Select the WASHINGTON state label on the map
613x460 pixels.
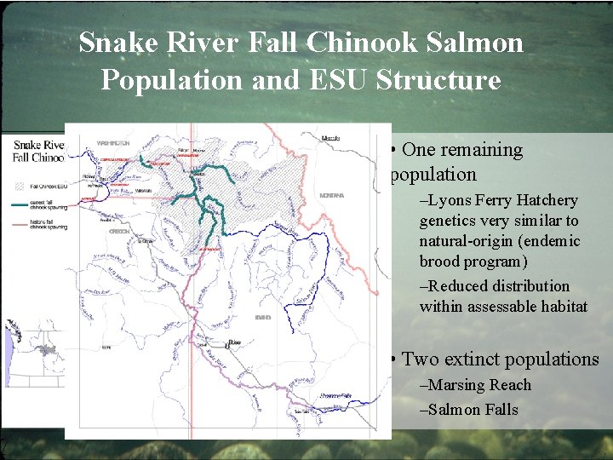pos(113,142)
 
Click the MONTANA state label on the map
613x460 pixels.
pos(331,195)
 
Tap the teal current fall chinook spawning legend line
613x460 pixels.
pos(20,205)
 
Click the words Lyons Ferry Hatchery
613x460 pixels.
pos(503,201)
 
